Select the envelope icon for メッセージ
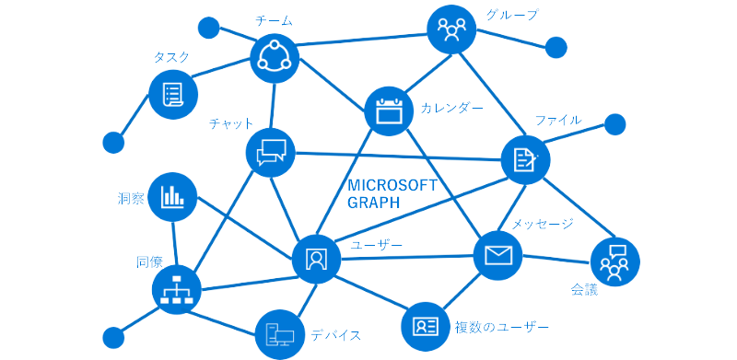point(498,254)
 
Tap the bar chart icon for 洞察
point(172,196)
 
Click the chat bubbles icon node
point(271,152)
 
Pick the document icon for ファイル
point(525,159)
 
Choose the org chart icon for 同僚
point(176,289)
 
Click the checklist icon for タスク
point(172,94)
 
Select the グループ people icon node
point(452,30)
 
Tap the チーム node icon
point(275,57)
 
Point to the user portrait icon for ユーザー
point(316,259)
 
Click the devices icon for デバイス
point(279,332)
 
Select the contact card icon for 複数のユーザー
point(426,326)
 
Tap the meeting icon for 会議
point(614,261)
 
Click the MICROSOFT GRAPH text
point(392,194)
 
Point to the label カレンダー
point(452,108)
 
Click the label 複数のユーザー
point(502,327)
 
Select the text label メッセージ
point(543,224)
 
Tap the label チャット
point(231,123)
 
